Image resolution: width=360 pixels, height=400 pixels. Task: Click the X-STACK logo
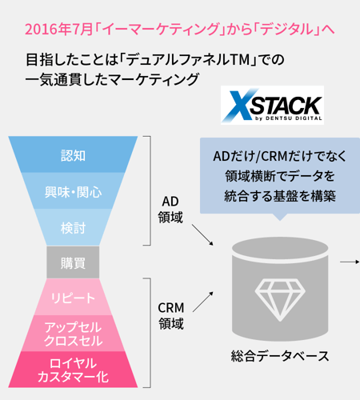click(x=272, y=105)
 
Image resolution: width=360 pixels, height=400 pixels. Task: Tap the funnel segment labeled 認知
click(x=73, y=154)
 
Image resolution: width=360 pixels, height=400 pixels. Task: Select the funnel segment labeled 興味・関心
click(x=73, y=190)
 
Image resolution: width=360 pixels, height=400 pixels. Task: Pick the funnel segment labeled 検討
click(x=73, y=227)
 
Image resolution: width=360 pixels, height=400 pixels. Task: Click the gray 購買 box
click(x=73, y=262)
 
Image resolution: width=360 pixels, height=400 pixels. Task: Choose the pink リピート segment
click(x=73, y=297)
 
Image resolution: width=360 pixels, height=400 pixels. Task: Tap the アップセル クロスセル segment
click(x=73, y=334)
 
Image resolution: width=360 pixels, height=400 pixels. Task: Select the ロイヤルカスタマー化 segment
click(x=73, y=370)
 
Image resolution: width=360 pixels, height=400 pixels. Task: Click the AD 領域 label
click(x=170, y=210)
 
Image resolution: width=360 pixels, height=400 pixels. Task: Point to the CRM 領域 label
click(x=171, y=316)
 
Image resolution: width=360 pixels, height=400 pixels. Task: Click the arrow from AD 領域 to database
click(x=202, y=234)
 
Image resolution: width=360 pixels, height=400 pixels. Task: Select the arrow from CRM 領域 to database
click(x=203, y=302)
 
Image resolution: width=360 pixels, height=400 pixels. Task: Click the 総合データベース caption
click(x=280, y=356)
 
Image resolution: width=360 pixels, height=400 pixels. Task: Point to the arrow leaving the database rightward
click(x=350, y=262)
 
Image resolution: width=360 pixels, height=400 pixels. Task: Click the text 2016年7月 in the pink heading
click(x=58, y=30)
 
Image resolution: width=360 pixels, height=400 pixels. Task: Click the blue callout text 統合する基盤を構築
click(x=280, y=196)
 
